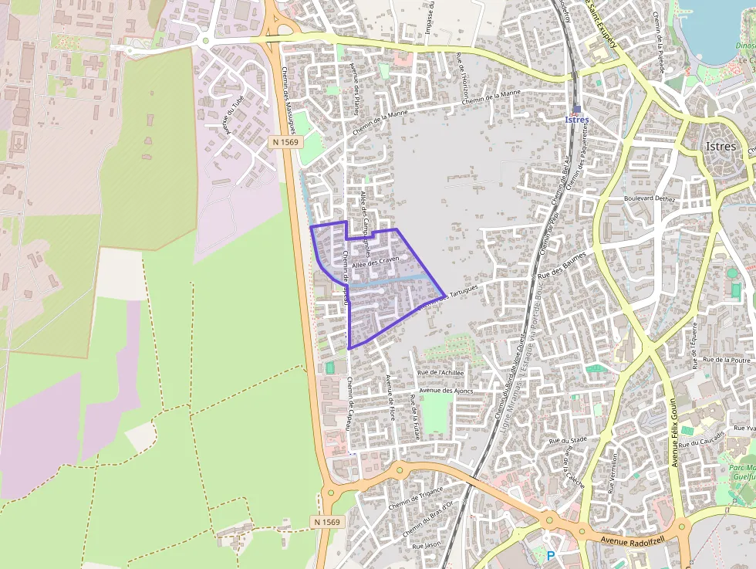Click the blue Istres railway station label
[x=577, y=120]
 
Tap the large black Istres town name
[x=721, y=146]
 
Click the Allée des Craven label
[x=375, y=262]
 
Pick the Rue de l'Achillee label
[x=440, y=372]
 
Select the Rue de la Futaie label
[x=416, y=417]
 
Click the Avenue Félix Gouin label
[x=673, y=432]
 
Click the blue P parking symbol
[x=551, y=555]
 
